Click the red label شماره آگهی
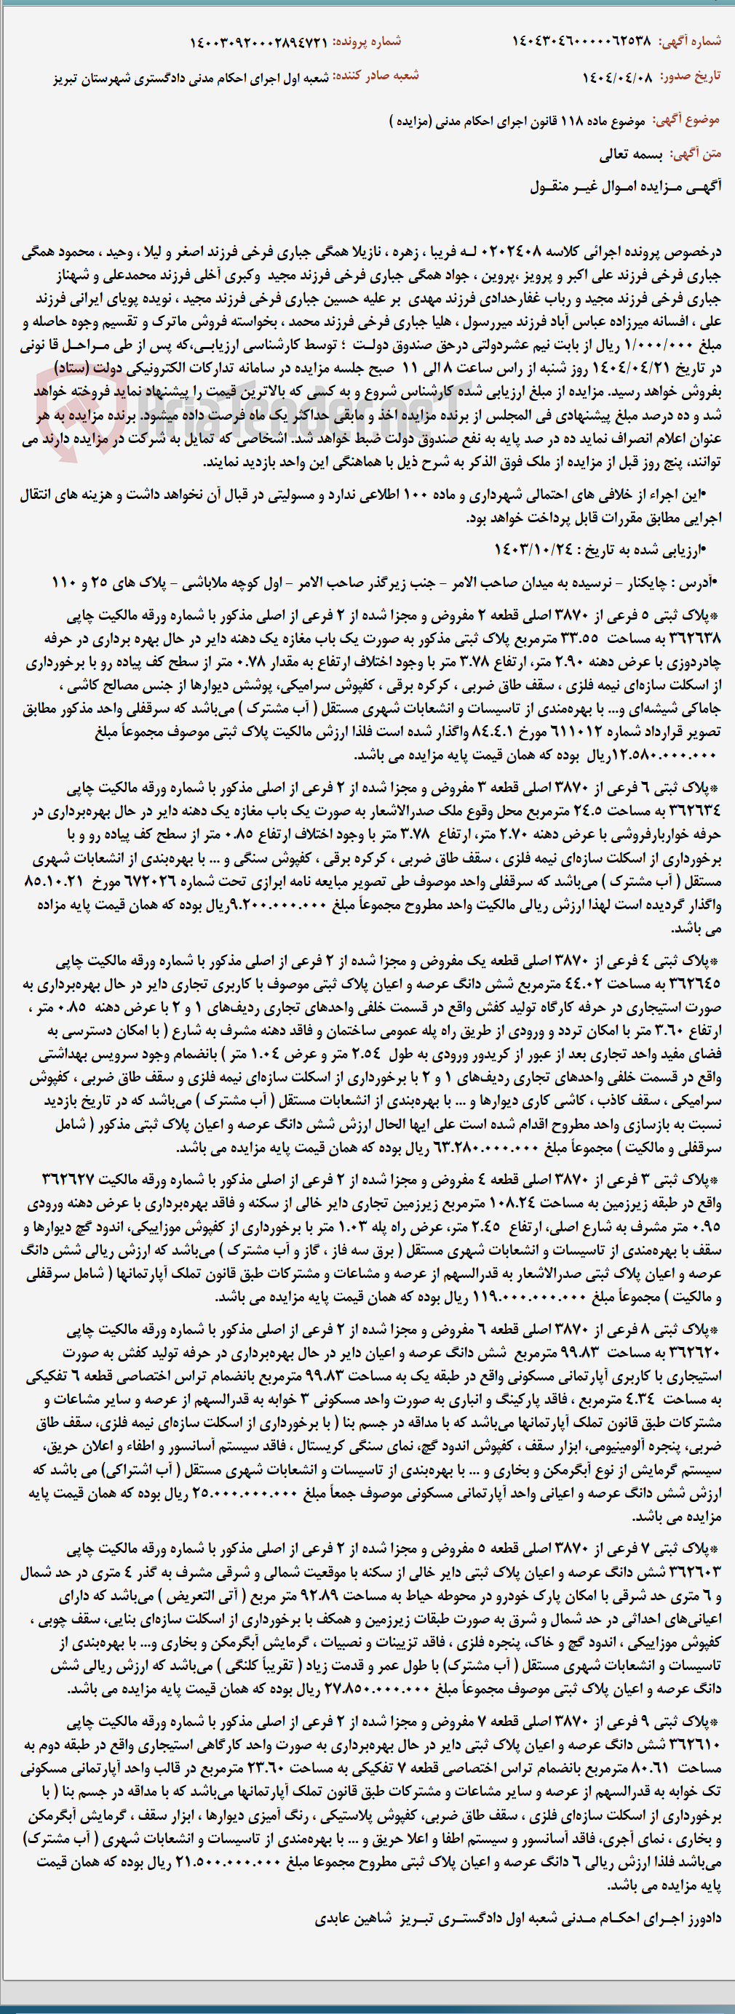pyautogui.click(x=690, y=41)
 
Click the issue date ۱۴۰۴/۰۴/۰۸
pyautogui.click(x=617, y=76)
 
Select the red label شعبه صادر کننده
pyautogui.click(x=376, y=76)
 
